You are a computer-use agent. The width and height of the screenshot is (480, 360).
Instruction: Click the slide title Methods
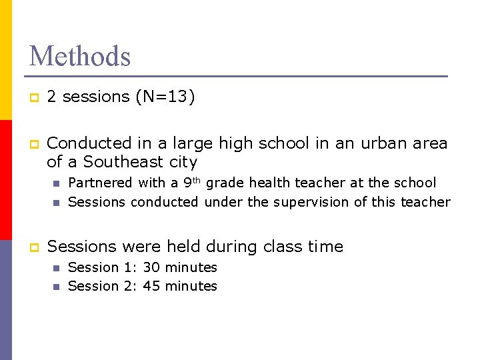pyautogui.click(x=80, y=56)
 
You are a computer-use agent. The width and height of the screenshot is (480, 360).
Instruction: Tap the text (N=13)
pyautogui.click(x=165, y=97)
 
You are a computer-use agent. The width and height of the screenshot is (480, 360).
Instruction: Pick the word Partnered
pyautogui.click(x=100, y=183)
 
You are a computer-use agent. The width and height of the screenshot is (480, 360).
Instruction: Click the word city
pyautogui.click(x=185, y=162)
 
